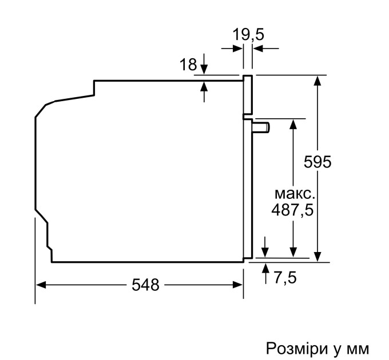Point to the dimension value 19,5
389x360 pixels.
pos(248,34)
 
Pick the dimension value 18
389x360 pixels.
pos(188,65)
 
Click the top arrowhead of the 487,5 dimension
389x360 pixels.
pos(293,124)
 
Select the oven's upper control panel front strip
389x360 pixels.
pos(248,94)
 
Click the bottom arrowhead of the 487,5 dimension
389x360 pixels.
pos(293,251)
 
